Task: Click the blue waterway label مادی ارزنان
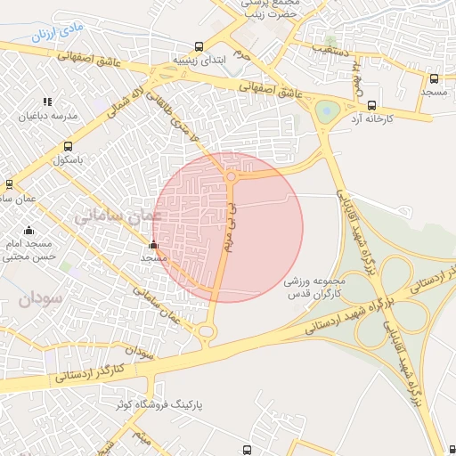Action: pyautogui.click(x=55, y=35)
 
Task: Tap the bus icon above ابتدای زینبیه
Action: pyautogui.click(x=199, y=47)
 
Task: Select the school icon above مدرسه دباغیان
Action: pyautogui.click(x=46, y=102)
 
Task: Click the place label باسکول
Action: pyautogui.click(x=68, y=160)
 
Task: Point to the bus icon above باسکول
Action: pyautogui.click(x=68, y=147)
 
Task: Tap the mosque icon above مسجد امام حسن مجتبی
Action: pyautogui.click(x=28, y=230)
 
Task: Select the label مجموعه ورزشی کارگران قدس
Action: pyautogui.click(x=313, y=287)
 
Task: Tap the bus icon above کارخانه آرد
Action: pyautogui.click(x=371, y=104)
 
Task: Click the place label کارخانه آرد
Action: pyautogui.click(x=371, y=118)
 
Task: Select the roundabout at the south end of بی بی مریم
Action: pyautogui.click(x=207, y=333)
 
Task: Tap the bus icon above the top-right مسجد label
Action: pyautogui.click(x=435, y=78)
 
